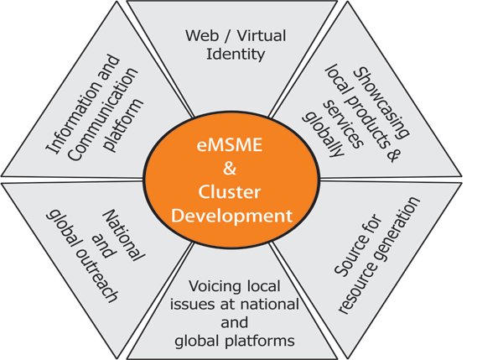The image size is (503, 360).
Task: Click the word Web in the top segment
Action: [197, 37]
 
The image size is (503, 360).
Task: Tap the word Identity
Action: [237, 55]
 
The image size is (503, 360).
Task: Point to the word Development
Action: [231, 216]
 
